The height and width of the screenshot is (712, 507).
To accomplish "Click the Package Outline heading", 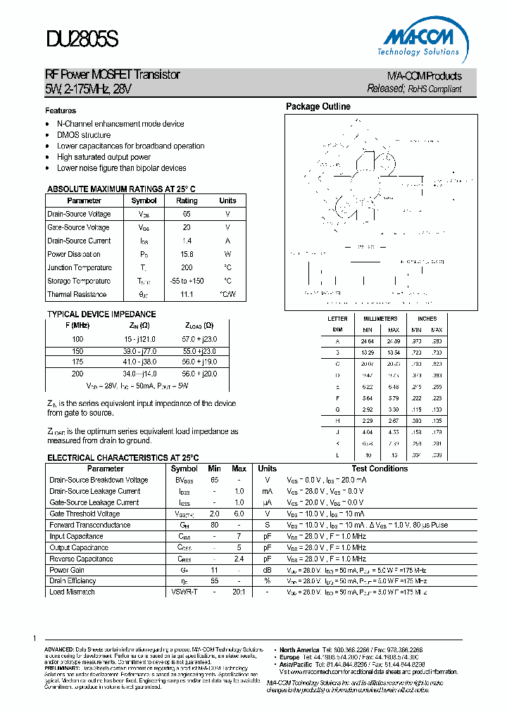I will (318, 107).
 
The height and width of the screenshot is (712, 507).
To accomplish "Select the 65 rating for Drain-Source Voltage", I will (187, 214).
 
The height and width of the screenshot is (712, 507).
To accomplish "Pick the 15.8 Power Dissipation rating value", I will (187, 254).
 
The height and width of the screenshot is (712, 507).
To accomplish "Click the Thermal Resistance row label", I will (77, 294).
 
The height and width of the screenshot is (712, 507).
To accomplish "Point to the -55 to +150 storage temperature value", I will (187, 281).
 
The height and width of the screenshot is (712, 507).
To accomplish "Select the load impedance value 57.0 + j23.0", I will (199, 338).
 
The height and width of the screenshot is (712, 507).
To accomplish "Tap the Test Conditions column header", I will (380, 469).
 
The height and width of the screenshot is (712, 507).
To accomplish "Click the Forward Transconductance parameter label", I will (89, 525).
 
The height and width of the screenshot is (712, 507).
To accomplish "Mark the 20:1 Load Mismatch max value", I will (239, 592).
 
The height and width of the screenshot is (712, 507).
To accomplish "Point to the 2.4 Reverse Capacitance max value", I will (239, 559).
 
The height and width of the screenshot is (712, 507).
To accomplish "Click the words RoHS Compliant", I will (435, 89).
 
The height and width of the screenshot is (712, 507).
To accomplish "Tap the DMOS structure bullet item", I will (84, 135).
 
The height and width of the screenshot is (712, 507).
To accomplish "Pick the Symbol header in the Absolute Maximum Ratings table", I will (144, 201).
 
